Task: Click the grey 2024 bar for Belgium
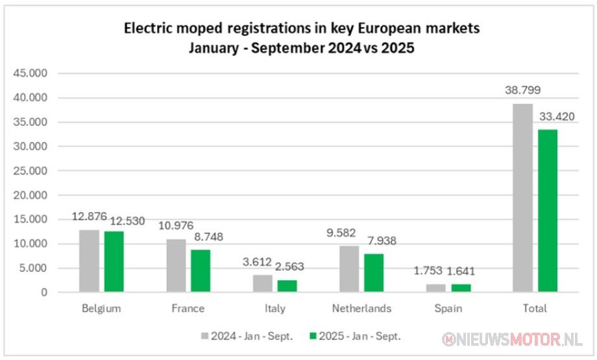tap(89, 261)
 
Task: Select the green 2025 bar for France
tap(201, 270)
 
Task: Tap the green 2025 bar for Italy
tap(287, 286)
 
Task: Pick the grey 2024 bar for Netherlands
tap(349, 269)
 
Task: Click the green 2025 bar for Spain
tap(461, 288)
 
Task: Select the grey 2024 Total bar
tap(523, 198)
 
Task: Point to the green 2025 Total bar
tap(548, 211)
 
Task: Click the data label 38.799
tap(523, 90)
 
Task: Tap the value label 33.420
tap(557, 117)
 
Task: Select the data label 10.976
tap(176, 226)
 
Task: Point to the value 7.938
tap(382, 241)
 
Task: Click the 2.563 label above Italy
tap(289, 267)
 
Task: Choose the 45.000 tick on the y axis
tap(30, 73)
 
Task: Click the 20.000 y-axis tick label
tap(30, 195)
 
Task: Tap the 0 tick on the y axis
tap(45, 293)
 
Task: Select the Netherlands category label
tap(361, 308)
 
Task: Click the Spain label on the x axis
tap(448, 308)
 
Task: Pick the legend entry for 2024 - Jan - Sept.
tap(247, 336)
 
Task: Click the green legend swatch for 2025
tap(313, 336)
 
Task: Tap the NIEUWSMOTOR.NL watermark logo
tap(512, 339)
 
